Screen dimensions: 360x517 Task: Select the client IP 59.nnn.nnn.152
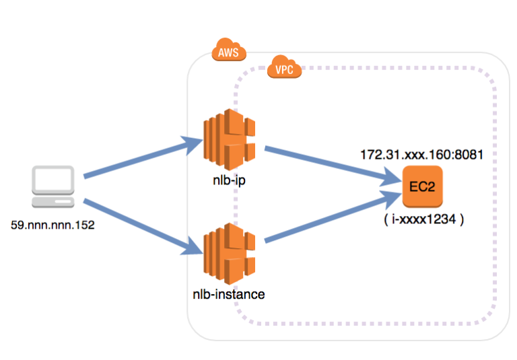coord(53,225)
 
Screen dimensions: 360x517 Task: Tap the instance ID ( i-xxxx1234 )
coord(421,219)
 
